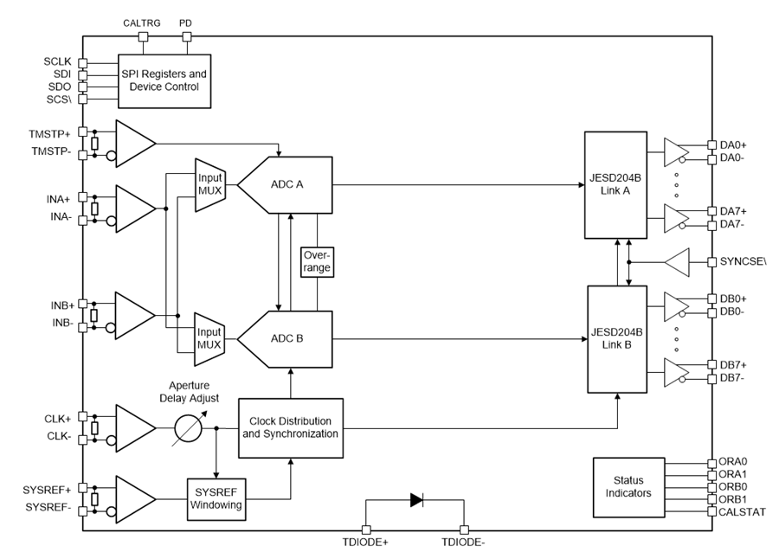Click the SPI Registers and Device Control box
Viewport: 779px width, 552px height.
coord(164,80)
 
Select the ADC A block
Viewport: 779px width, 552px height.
coord(286,184)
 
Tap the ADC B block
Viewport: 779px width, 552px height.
coord(286,338)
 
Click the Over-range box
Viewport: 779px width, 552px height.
coord(316,262)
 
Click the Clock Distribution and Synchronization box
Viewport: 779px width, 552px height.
coord(289,426)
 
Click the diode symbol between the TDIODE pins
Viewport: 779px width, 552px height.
coord(415,499)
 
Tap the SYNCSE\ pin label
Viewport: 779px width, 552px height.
coord(743,260)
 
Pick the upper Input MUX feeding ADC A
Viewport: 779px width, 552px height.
coord(209,184)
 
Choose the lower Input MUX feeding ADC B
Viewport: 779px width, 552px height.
coord(209,337)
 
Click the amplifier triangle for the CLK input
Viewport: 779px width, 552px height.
coord(133,427)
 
